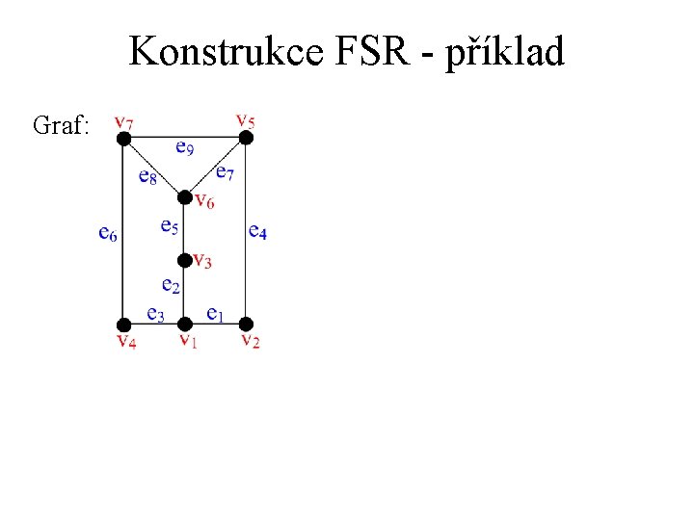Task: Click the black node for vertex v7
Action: click(x=123, y=139)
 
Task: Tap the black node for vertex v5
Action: click(x=246, y=139)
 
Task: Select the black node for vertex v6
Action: click(x=185, y=197)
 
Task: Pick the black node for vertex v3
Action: click(x=185, y=260)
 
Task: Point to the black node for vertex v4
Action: click(x=123, y=324)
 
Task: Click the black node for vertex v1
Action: click(x=185, y=324)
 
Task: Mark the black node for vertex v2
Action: click(x=246, y=324)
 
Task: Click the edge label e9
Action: click(x=184, y=148)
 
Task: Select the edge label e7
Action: click(x=224, y=172)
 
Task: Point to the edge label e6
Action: click(x=108, y=232)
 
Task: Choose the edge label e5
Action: click(x=169, y=226)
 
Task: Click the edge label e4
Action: click(x=257, y=231)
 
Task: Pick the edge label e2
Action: click(x=171, y=285)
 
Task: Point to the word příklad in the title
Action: click(x=505, y=53)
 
